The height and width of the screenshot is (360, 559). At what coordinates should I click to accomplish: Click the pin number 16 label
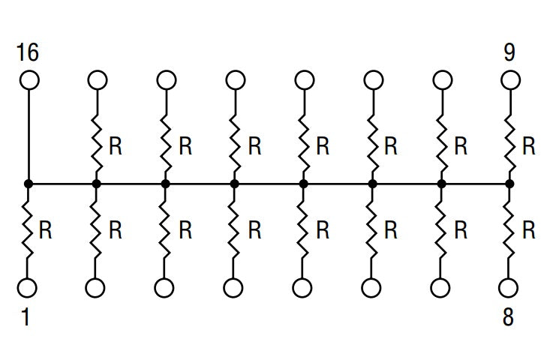coord(28,52)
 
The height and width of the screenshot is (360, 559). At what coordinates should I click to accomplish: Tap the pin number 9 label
coord(509,52)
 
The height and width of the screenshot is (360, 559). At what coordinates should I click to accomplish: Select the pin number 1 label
coord(26,316)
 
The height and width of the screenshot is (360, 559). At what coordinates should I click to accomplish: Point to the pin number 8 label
coord(508,316)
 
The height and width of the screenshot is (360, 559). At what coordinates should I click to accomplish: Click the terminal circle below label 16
coord(29,79)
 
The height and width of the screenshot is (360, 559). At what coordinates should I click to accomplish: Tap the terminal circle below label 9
coord(510,79)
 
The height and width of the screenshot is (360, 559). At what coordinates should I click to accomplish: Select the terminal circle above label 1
coord(27,288)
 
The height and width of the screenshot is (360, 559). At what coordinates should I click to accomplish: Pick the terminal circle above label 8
coord(509,288)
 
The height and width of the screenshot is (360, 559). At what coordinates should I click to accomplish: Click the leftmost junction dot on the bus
coord(29,184)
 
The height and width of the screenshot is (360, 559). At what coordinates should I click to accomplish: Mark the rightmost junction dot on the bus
coord(509,184)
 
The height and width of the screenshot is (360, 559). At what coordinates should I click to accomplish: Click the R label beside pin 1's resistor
coord(45,230)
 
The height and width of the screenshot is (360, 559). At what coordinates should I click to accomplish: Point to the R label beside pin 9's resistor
coord(529,145)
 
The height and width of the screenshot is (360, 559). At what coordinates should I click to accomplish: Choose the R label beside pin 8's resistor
coord(529,230)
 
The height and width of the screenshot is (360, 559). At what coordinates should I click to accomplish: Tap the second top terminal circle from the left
coord(97,79)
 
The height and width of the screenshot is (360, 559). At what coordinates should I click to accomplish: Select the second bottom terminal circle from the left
coord(95,288)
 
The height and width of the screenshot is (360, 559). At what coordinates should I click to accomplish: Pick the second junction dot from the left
coord(96,184)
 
